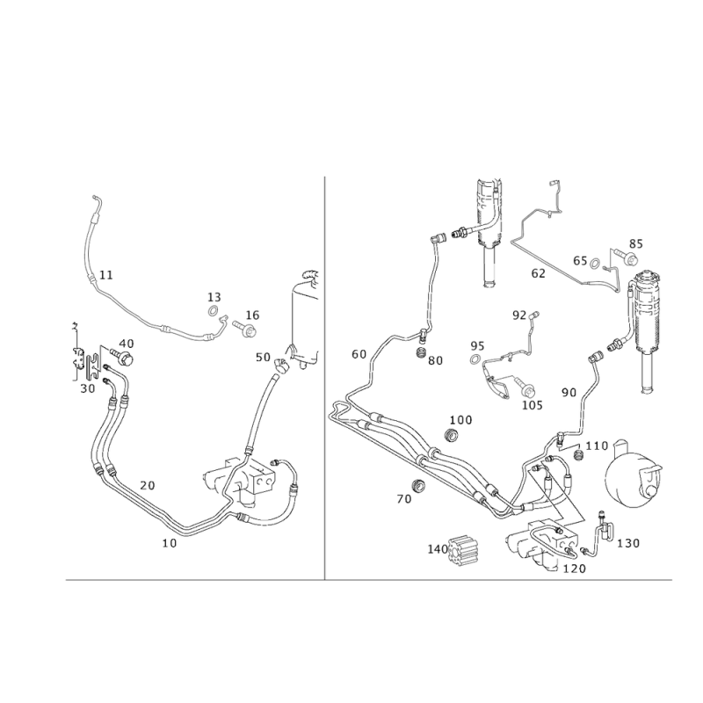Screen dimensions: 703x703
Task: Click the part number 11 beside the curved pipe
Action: tap(105, 275)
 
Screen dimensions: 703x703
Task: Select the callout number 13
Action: tap(212, 297)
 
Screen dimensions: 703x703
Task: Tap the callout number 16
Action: tap(252, 314)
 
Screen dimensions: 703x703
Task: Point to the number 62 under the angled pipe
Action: tap(539, 272)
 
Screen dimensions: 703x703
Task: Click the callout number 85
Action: tap(636, 243)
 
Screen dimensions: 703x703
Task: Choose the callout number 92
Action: tap(518, 313)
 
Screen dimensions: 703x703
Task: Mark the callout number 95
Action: tap(476, 345)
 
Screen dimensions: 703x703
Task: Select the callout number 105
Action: tap(532, 405)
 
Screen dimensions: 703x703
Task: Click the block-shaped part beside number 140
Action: tap(465, 550)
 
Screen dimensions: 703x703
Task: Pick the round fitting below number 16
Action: tap(250, 330)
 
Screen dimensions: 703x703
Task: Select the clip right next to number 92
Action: tap(533, 314)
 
